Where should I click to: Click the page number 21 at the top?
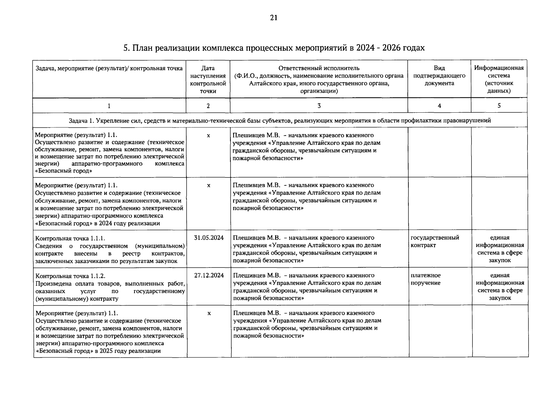[x=274, y=18]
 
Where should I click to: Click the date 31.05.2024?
[x=209, y=238]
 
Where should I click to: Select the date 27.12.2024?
[x=209, y=275]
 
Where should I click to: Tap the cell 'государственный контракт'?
[x=435, y=241]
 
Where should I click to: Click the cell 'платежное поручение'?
[x=426, y=279]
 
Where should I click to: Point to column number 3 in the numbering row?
[x=319, y=105]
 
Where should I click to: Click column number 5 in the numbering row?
[x=499, y=105]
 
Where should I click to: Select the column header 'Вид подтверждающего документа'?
[x=439, y=76]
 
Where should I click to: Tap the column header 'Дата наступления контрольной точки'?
[x=208, y=80]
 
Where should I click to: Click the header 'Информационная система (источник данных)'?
[x=499, y=79]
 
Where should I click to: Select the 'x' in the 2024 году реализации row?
[x=209, y=185]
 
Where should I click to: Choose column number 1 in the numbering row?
[x=109, y=105]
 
